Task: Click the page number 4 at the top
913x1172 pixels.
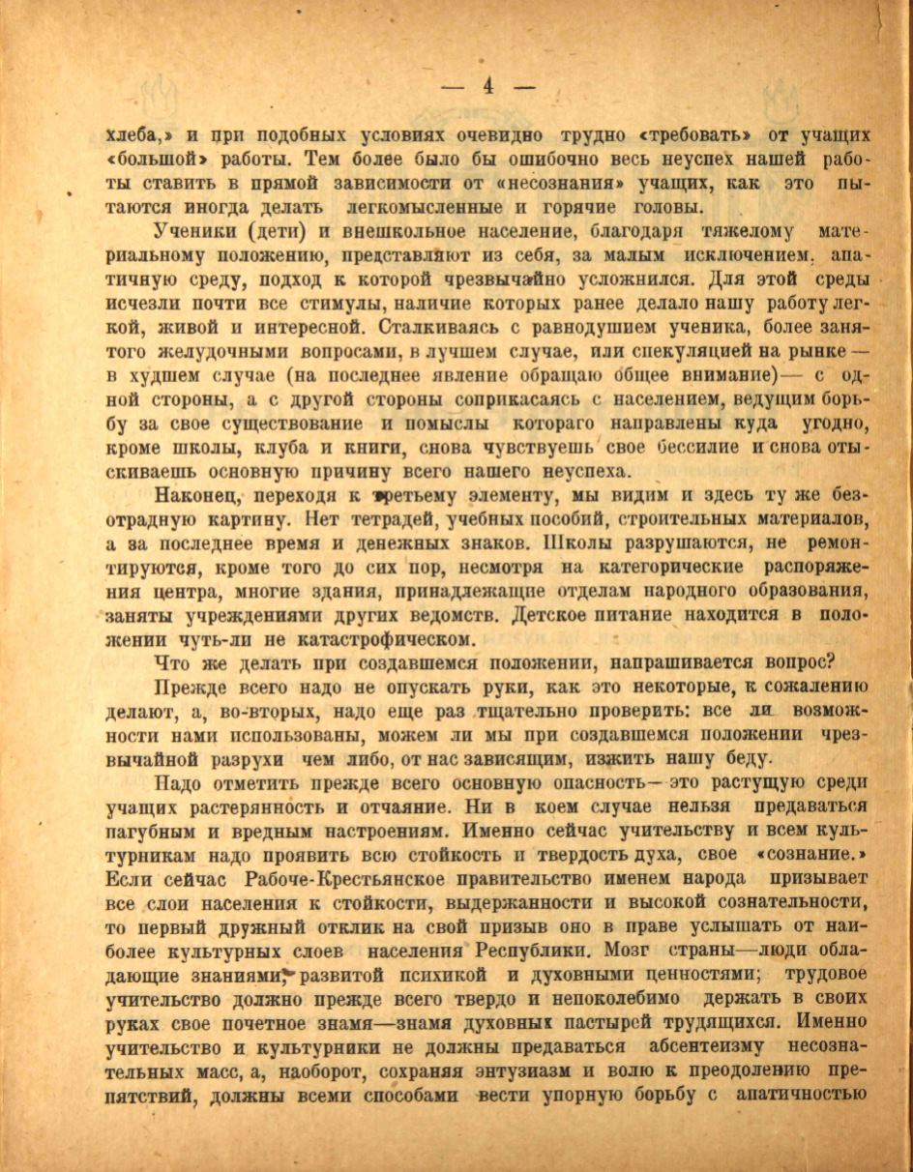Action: pos(487,85)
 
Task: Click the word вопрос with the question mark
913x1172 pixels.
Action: pos(804,662)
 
